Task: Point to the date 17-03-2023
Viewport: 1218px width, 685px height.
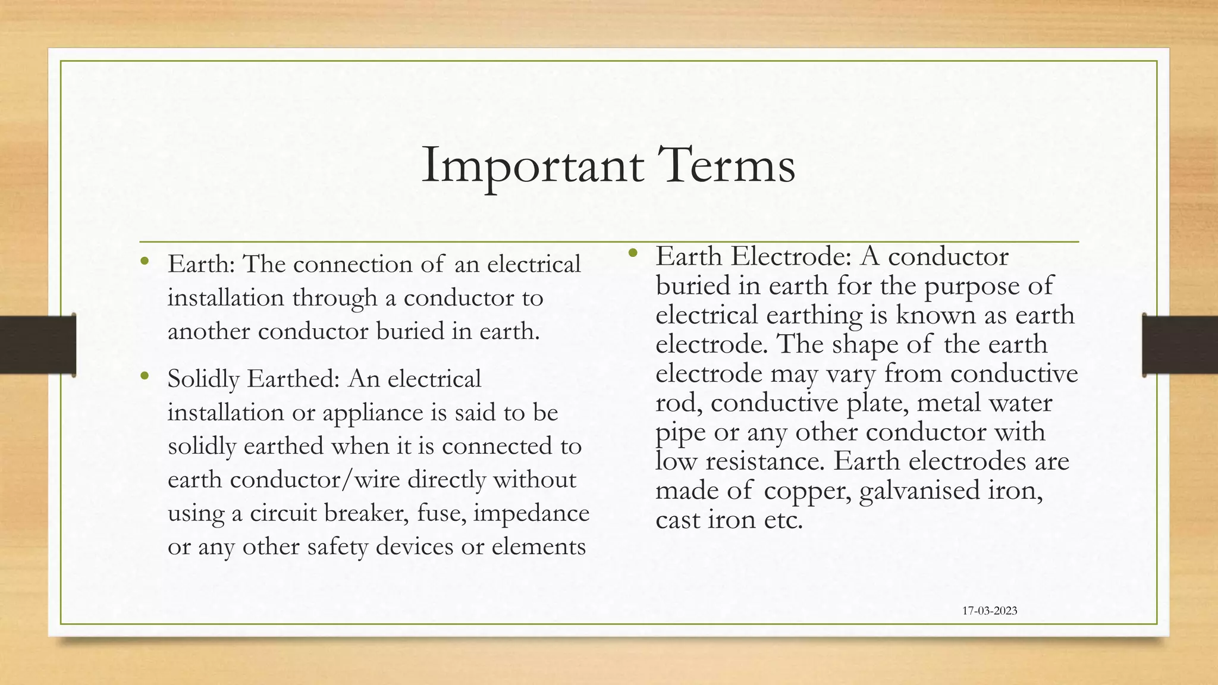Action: tap(989, 611)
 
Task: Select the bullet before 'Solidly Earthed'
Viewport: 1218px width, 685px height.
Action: tap(145, 376)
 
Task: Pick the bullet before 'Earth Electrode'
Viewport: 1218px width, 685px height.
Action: tap(633, 253)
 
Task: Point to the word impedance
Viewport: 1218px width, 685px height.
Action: tap(531, 514)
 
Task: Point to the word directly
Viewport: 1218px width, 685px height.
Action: tap(446, 480)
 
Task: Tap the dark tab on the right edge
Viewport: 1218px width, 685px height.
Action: tap(1180, 345)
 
